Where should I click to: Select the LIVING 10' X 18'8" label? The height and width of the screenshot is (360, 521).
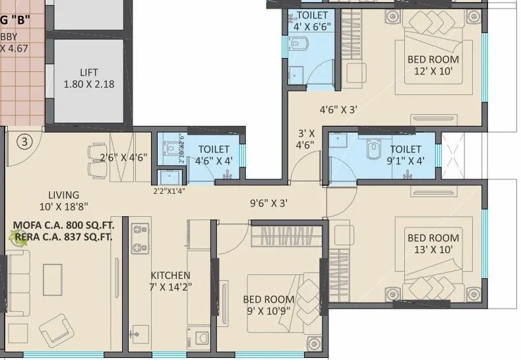[63, 200]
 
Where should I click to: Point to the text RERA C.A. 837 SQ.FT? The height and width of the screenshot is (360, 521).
[63, 236]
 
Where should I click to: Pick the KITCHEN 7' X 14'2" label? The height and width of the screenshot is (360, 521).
[170, 281]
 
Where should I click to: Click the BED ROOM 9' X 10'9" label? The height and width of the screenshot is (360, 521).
[266, 305]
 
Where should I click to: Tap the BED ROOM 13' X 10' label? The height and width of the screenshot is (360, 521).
[433, 243]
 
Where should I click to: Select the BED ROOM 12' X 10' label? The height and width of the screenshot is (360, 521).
[433, 65]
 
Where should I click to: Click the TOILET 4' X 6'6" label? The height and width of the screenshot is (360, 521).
[312, 21]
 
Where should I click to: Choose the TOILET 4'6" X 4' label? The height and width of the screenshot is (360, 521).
[212, 155]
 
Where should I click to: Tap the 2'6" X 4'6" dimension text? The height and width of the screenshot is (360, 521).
[123, 157]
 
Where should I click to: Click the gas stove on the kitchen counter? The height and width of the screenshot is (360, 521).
[140, 239]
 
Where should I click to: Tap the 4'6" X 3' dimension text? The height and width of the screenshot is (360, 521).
[338, 110]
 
